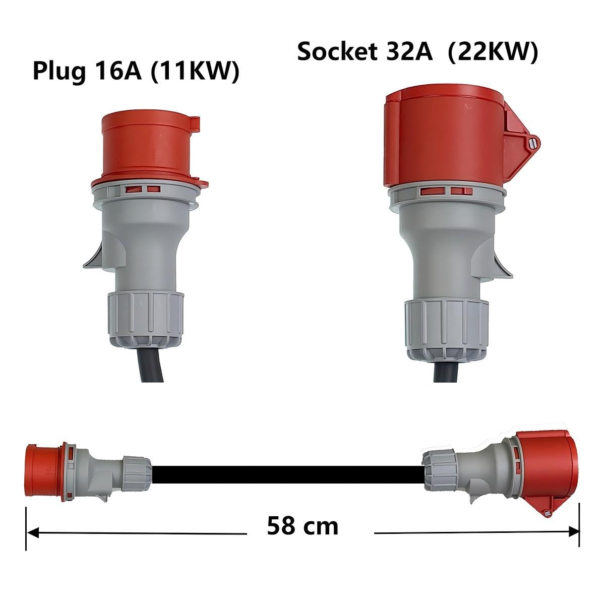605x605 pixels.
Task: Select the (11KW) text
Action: tap(195, 71)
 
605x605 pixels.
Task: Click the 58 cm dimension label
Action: tap(302, 526)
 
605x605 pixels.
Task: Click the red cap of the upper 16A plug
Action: tap(146, 146)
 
